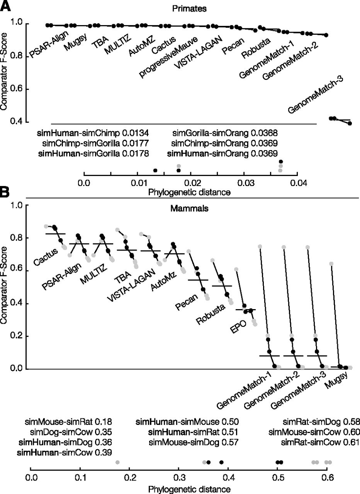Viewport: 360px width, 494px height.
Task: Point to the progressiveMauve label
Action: tap(169, 58)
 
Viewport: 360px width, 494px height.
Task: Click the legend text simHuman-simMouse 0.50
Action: tap(188, 421)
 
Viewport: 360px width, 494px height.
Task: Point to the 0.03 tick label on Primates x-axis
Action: tap(244, 183)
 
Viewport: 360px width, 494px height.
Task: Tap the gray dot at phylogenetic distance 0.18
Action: tap(117, 462)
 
